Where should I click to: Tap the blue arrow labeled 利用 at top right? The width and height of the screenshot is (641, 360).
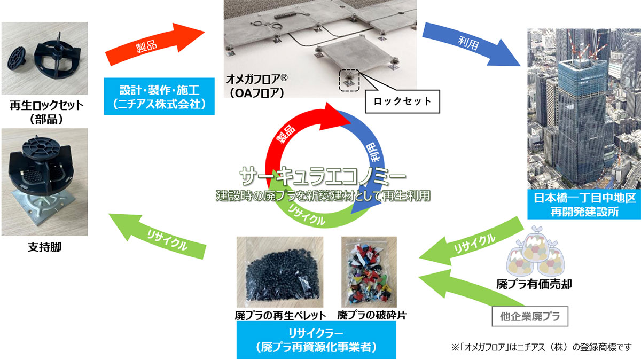click(x=470, y=45)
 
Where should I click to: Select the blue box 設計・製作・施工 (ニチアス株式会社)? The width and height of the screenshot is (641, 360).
click(x=159, y=97)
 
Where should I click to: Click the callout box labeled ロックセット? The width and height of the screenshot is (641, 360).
click(x=402, y=101)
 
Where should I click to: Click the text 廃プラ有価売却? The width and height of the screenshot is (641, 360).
click(x=534, y=284)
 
